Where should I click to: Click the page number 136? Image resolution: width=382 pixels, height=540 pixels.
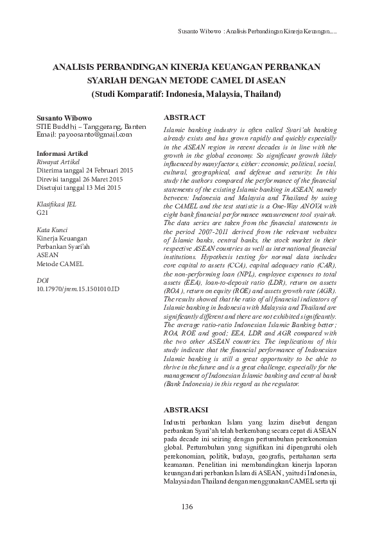click(x=187, y=507)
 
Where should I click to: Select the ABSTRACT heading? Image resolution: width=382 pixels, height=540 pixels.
click(x=184, y=118)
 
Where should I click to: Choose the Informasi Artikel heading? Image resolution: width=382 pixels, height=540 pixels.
click(x=62, y=155)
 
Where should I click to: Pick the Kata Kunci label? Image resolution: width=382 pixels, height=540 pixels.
click(x=51, y=230)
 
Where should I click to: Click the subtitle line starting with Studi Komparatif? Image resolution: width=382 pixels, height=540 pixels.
click(x=187, y=94)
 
